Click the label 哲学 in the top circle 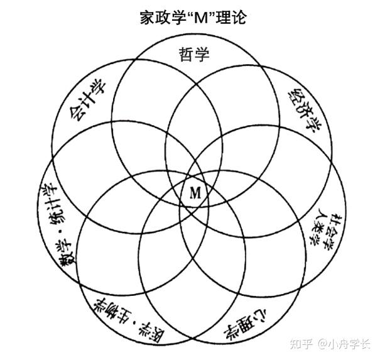[194, 54]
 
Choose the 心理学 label [245, 324]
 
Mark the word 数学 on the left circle [65, 253]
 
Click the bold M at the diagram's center [195, 194]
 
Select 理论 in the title [231, 18]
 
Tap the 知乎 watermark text [301, 344]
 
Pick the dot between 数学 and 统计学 [60, 232]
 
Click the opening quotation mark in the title [190, 14]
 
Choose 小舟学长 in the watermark [349, 344]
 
